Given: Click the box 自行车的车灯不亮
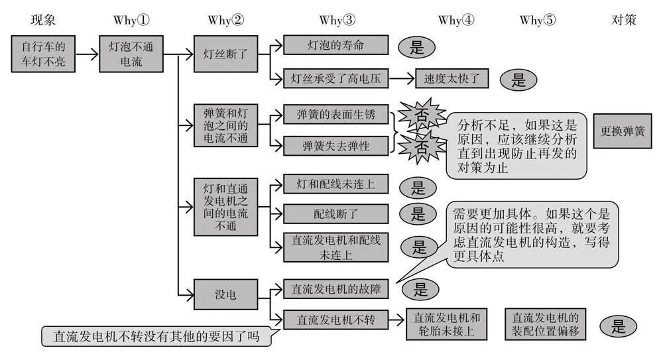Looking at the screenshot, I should pos(43,54).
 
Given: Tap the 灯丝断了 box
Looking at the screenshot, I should pos(220,54).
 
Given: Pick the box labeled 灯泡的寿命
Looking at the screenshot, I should pos(335,45).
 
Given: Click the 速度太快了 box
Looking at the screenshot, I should pos(452,79).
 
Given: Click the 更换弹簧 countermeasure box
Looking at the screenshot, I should pos(622,131).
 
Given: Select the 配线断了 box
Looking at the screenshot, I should pos(335,213).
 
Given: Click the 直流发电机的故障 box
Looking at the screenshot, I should pos(335,288).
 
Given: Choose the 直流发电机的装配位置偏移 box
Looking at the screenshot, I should pos(546,324).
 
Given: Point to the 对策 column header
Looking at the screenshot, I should pos(623,20).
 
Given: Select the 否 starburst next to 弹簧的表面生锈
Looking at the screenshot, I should pos(420,114).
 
